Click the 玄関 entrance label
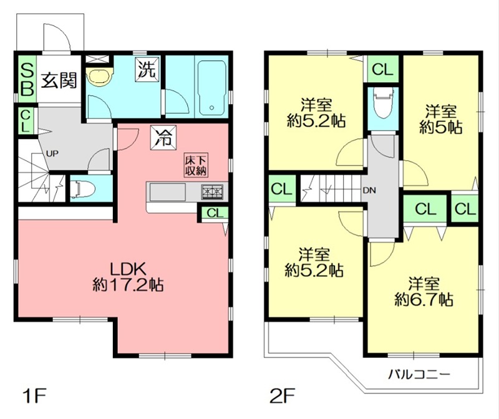click(x=59, y=80)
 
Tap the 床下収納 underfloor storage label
click(x=195, y=165)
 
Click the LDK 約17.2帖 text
click(x=128, y=277)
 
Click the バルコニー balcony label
click(x=419, y=375)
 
